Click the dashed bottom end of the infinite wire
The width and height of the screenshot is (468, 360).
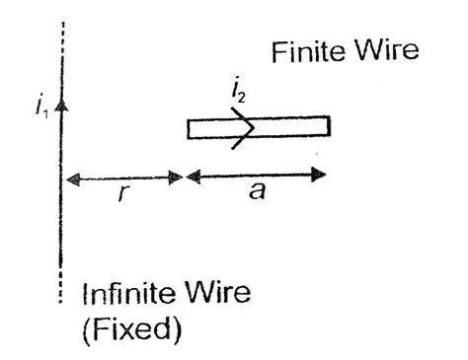(62, 291)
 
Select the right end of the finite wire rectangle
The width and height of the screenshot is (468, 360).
(327, 127)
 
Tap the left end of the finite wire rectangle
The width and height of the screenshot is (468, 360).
(191, 128)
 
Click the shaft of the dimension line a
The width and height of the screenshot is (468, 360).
(257, 177)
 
